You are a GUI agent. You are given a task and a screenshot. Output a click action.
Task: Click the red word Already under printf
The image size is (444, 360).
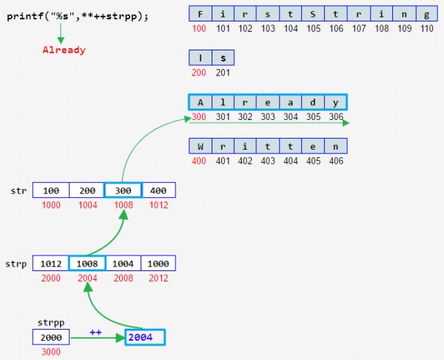pyautogui.click(x=64, y=50)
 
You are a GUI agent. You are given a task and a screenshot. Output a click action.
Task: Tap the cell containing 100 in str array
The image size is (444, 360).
pyautogui.click(x=51, y=190)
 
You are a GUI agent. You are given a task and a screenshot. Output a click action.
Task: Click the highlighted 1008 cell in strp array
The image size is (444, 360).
pyautogui.click(x=87, y=263)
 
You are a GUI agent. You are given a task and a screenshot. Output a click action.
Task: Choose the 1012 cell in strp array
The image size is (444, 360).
pyautogui.click(x=51, y=263)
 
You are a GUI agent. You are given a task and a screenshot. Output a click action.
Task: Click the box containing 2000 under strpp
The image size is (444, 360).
pyautogui.click(x=51, y=337)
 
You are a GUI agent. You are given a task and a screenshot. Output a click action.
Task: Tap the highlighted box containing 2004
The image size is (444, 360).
pyautogui.click(x=144, y=337)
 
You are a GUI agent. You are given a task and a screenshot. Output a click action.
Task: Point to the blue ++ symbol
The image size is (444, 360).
pyautogui.click(x=95, y=332)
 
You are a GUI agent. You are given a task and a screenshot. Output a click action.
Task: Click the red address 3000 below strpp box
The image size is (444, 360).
pyautogui.click(x=51, y=352)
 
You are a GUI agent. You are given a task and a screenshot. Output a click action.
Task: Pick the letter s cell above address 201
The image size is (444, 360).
pyautogui.click(x=223, y=58)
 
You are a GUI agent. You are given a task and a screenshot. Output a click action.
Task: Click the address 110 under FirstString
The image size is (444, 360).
pyautogui.click(x=426, y=28)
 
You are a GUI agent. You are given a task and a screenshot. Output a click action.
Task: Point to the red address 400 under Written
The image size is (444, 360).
pyautogui.click(x=199, y=160)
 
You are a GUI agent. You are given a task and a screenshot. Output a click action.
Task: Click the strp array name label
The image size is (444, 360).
pyautogui.click(x=16, y=263)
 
